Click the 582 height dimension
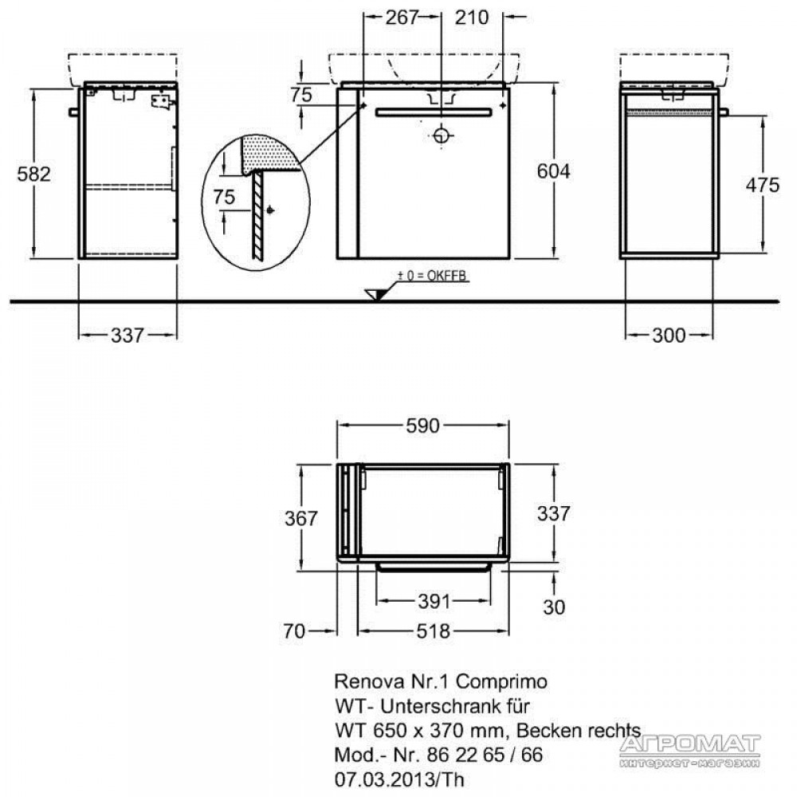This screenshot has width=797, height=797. [34, 175]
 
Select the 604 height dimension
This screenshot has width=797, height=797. [554, 171]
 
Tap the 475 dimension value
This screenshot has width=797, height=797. [763, 185]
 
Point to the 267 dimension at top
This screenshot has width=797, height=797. [402, 18]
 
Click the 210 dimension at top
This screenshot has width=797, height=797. [472, 18]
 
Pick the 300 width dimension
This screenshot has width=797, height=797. [669, 335]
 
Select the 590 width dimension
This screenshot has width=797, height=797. [423, 426]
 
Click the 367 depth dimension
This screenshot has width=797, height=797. [301, 518]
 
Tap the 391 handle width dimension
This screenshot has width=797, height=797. [434, 602]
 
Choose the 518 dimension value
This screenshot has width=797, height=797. [434, 631]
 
